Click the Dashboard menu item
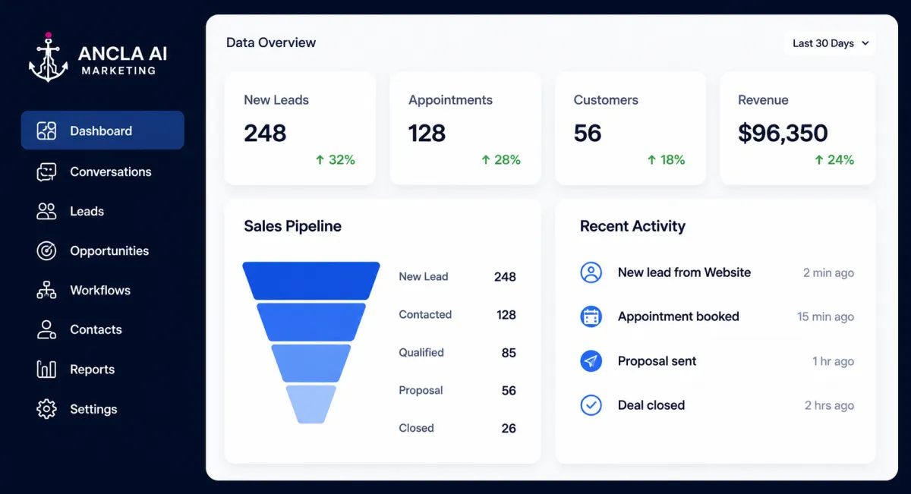click(x=102, y=130)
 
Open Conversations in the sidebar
click(x=94, y=172)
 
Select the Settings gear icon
click(x=46, y=408)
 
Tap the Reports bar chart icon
click(x=46, y=370)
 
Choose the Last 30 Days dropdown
click(x=830, y=43)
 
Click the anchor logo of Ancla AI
click(x=49, y=58)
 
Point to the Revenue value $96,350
click(x=783, y=133)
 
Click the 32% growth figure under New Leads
click(x=336, y=160)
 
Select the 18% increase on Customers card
click(x=667, y=160)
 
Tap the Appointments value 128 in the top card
click(x=427, y=133)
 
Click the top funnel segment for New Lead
click(x=311, y=281)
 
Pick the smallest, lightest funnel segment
click(x=311, y=404)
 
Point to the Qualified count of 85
click(x=509, y=353)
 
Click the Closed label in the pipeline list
click(x=416, y=428)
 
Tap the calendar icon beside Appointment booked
click(x=591, y=316)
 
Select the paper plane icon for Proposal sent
click(x=591, y=360)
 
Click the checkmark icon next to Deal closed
click(x=591, y=405)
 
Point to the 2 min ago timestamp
click(x=828, y=273)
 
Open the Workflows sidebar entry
click(x=84, y=291)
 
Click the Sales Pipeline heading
click(x=292, y=226)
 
